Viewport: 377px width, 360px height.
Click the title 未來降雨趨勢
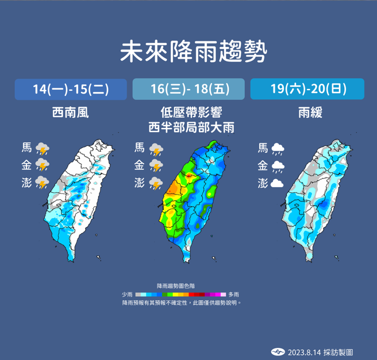click(x=194, y=53)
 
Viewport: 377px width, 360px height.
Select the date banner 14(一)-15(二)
click(x=71, y=89)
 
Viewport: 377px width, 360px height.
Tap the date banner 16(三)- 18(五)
click(x=188, y=89)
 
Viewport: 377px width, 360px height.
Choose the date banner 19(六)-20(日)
click(x=307, y=89)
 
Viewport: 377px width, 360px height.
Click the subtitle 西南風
click(x=71, y=113)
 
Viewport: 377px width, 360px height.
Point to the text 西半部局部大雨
click(x=188, y=126)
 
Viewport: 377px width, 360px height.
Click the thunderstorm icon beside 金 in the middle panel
click(x=156, y=167)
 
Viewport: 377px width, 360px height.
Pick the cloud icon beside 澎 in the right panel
click(x=277, y=184)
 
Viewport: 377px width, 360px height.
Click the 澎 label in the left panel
click(x=26, y=183)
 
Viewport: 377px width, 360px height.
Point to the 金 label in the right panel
click(x=263, y=166)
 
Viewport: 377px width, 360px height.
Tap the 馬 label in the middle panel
click(x=140, y=148)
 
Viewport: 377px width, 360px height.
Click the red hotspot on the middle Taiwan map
click(x=188, y=169)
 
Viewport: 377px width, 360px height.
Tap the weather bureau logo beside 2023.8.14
click(x=278, y=351)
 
